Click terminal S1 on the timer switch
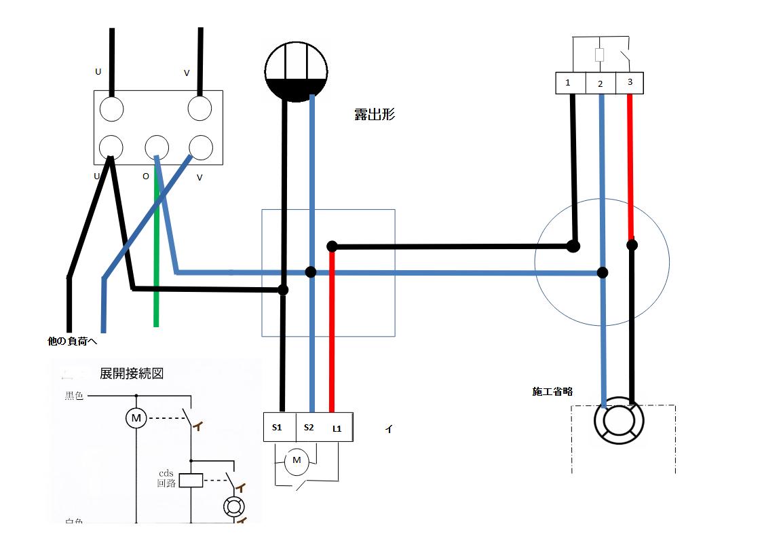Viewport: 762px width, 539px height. [277, 427]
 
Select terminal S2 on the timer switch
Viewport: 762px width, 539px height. [309, 427]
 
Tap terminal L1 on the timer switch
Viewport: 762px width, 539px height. [337, 428]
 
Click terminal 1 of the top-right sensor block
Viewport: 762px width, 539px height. [568, 83]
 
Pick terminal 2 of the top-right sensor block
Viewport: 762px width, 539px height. [600, 83]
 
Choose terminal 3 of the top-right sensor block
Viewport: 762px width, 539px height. [630, 82]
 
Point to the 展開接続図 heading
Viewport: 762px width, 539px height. [132, 373]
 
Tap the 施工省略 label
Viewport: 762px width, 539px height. [552, 392]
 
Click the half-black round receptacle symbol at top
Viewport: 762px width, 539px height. [296, 70]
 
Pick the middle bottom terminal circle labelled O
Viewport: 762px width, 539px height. [157, 147]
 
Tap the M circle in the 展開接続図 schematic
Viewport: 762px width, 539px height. [136, 418]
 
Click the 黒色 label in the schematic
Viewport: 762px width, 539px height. [74, 395]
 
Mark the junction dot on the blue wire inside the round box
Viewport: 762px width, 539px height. [602, 273]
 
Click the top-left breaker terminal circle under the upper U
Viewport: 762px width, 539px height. [112, 108]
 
